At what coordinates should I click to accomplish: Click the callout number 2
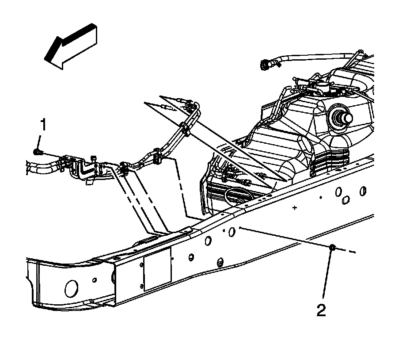point(321,310)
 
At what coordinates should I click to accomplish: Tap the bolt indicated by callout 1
point(37,152)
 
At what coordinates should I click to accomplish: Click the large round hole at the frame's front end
point(71,288)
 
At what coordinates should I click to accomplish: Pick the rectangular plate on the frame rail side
point(157,268)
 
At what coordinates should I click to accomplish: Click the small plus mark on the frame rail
point(294,207)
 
